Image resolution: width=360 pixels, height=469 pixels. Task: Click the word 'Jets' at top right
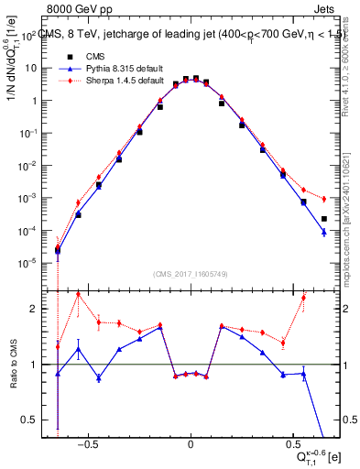325,8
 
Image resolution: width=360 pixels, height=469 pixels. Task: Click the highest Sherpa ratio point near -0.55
79,294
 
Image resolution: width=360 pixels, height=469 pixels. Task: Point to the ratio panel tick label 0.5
34,420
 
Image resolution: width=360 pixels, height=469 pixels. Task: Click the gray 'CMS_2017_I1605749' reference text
191,274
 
